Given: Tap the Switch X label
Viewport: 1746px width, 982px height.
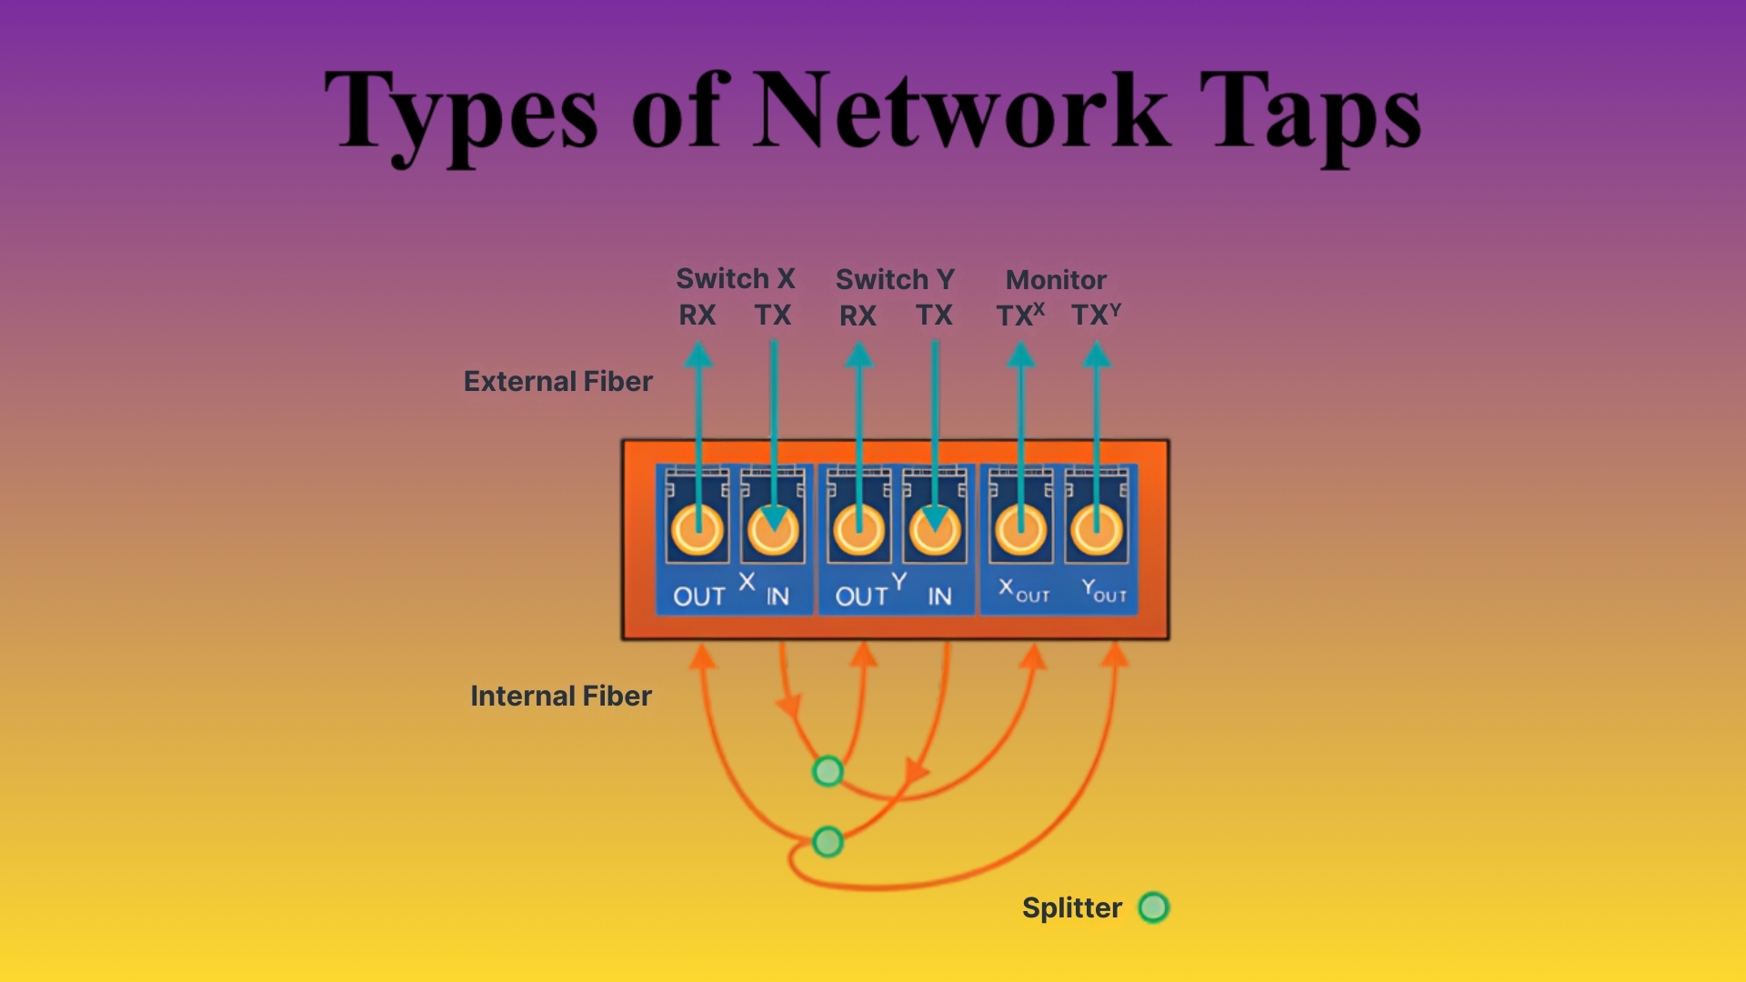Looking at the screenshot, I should click(736, 278).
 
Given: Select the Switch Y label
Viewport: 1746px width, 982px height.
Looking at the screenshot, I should click(895, 279).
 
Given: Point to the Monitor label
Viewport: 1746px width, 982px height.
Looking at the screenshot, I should click(1056, 279).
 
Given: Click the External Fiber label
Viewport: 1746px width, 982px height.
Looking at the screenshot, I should click(557, 381).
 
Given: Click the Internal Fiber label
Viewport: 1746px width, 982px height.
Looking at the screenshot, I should click(561, 696).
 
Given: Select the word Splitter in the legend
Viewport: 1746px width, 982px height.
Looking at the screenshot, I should click(1072, 907).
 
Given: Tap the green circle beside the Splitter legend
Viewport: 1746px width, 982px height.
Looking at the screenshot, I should click(1154, 907).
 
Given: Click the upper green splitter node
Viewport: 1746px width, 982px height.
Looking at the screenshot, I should click(828, 771).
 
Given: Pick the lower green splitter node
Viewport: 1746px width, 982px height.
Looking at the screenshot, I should click(828, 841).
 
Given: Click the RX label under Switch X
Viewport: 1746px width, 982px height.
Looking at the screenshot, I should click(697, 316).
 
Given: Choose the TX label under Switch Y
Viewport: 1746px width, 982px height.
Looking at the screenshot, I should click(934, 316).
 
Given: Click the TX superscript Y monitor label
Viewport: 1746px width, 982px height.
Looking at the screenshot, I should click(1095, 316).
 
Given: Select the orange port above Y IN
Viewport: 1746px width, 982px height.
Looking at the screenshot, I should click(935, 530).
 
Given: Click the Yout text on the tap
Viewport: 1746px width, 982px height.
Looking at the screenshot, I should click(1104, 592).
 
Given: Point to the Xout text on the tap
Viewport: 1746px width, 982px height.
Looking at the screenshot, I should click(1024, 592).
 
